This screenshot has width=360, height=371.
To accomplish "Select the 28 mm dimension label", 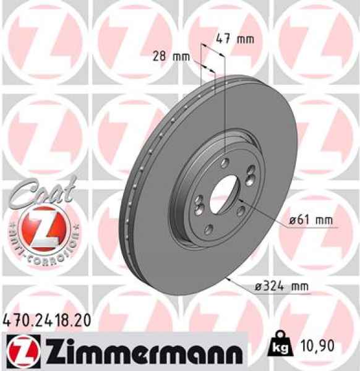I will point(171,56).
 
